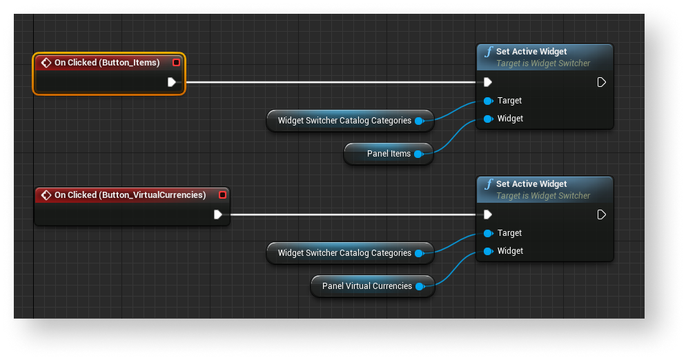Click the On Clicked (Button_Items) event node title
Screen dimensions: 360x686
pyautogui.click(x=107, y=63)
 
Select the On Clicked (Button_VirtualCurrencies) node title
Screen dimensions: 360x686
pyautogui.click(x=130, y=195)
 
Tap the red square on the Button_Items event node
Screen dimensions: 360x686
pyautogui.click(x=176, y=63)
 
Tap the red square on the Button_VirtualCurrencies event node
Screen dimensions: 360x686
pyautogui.click(x=222, y=195)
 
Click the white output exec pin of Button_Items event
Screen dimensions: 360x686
pyautogui.click(x=172, y=82)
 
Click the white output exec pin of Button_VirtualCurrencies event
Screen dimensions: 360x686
pyautogui.click(x=218, y=214)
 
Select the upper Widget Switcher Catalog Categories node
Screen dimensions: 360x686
pyautogui.click(x=344, y=121)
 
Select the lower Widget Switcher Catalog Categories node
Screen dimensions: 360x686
pyautogui.click(x=344, y=253)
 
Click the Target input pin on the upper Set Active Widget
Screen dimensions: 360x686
pyautogui.click(x=488, y=101)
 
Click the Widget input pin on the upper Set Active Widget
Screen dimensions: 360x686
pyautogui.click(x=488, y=119)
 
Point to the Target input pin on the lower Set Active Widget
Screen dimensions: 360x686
pyautogui.click(x=488, y=233)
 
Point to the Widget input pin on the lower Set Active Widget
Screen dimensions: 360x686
pyautogui.click(x=488, y=251)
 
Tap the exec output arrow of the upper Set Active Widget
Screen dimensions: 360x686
pyautogui.click(x=601, y=82)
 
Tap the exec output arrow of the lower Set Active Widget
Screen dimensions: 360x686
pyautogui.click(x=601, y=214)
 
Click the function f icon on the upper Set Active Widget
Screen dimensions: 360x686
pyautogui.click(x=489, y=51)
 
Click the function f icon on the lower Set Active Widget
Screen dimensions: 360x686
pyautogui.click(x=489, y=183)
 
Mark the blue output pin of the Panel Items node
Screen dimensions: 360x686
pyautogui.click(x=418, y=154)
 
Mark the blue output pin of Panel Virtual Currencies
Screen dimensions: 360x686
pyautogui.click(x=419, y=286)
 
